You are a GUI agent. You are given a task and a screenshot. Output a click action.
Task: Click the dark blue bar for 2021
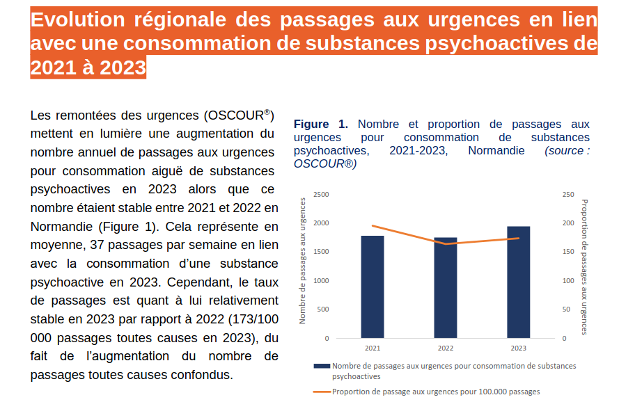click(x=373, y=287)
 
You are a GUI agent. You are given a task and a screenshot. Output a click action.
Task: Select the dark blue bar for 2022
click(x=446, y=288)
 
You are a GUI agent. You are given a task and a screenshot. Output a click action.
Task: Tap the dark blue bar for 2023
click(x=518, y=282)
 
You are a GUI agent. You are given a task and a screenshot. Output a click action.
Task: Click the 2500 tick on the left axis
click(x=321, y=194)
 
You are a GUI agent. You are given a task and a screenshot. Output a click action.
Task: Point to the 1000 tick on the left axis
click(x=321, y=281)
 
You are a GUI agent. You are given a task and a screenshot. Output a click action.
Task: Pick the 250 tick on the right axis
click(x=568, y=194)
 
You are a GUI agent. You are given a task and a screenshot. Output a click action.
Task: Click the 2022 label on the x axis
click(x=446, y=348)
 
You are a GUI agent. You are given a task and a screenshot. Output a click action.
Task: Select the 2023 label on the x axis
click(x=518, y=348)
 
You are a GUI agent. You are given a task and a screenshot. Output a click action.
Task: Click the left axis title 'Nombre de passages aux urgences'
click(x=303, y=261)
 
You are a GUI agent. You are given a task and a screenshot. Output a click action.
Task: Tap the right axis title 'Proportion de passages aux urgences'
click(x=584, y=266)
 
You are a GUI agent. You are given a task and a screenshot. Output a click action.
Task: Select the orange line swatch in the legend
click(x=322, y=392)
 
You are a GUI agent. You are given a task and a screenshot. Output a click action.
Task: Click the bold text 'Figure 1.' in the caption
click(x=320, y=124)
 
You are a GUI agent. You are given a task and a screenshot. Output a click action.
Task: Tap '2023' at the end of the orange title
click(x=123, y=68)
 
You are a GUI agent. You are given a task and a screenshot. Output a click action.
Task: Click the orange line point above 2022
click(x=446, y=243)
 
